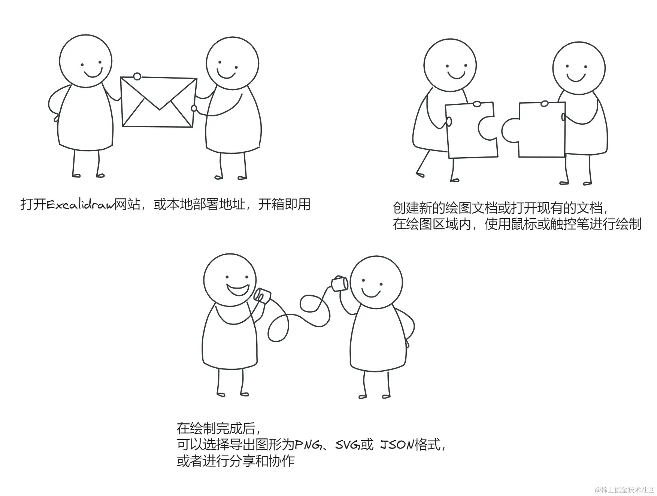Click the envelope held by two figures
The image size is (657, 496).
(159, 102)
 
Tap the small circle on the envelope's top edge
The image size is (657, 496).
(137, 77)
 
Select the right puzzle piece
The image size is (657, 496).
(534, 130)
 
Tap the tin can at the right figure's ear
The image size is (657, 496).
(339, 284)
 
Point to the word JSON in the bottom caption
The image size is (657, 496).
(397, 445)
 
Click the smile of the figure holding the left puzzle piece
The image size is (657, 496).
(456, 76)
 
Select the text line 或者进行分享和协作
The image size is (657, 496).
(236, 461)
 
